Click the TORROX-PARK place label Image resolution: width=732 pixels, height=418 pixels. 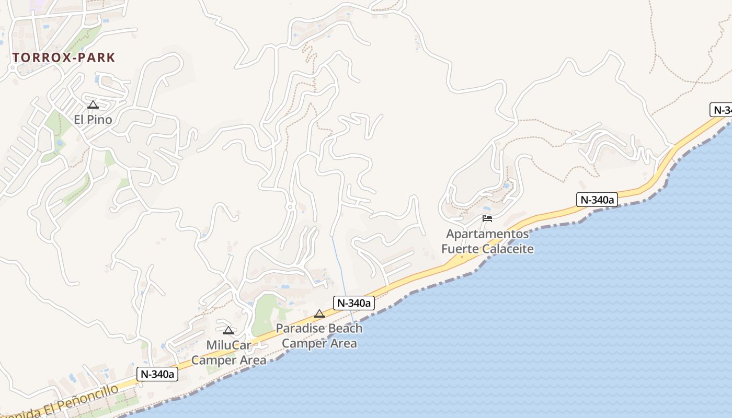(63, 57)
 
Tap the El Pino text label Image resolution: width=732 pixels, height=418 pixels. (93, 120)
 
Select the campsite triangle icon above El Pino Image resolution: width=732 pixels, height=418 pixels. (93, 105)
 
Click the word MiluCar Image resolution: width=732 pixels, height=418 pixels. (229, 345)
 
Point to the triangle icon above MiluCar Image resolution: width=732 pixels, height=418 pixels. (228, 330)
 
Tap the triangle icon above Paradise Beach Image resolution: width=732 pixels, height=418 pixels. (319, 313)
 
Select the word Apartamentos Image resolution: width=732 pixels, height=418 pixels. (487, 234)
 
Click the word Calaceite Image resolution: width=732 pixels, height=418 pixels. (508, 249)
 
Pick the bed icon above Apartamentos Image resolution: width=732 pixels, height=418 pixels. (487, 218)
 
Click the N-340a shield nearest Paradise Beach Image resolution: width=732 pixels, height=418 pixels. (354, 303)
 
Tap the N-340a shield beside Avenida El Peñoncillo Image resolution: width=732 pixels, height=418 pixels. (157, 374)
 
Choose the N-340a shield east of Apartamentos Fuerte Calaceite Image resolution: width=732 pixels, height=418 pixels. (597, 199)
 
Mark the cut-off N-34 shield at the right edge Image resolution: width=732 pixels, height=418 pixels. (721, 110)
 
